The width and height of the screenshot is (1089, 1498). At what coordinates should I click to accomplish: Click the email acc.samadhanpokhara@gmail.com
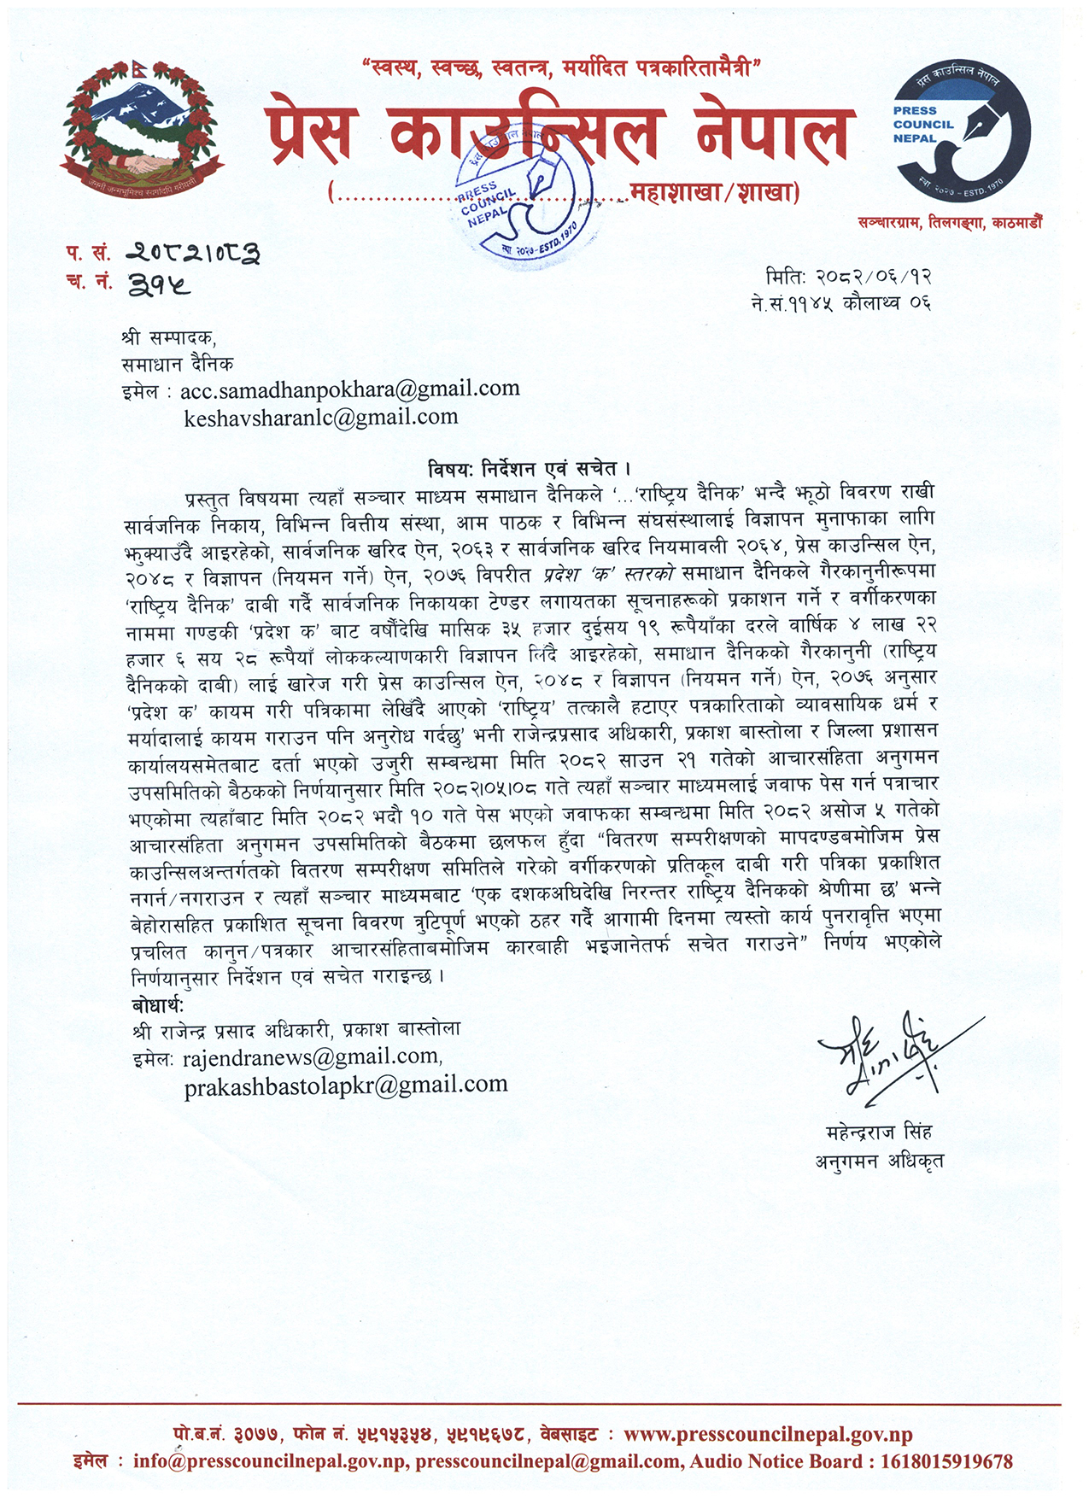pos(349,389)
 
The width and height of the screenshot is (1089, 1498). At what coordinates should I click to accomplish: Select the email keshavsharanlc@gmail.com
pos(321,418)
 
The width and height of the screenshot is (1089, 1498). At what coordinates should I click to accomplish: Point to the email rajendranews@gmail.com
pos(313,1057)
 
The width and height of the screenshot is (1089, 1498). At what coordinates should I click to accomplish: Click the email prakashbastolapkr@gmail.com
pos(346,1085)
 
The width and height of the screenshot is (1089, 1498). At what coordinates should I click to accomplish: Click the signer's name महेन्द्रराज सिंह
pos(879,1132)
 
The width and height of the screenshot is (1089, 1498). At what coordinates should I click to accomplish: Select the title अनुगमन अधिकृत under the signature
pos(879,1161)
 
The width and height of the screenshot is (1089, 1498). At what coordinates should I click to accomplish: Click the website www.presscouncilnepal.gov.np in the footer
pos(768,1435)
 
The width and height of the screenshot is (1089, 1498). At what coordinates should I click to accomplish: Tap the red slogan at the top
pos(561,67)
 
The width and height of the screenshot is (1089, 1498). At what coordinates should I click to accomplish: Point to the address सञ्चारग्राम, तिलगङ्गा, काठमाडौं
pos(950,224)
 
